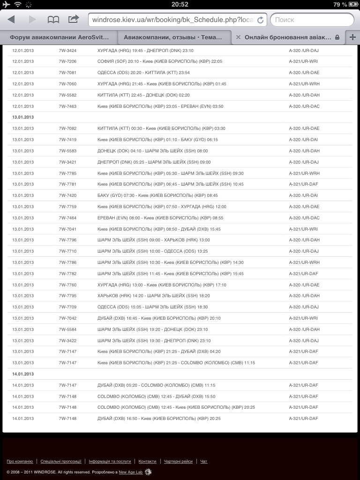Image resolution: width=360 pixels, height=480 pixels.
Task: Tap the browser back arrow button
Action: (x=11, y=20)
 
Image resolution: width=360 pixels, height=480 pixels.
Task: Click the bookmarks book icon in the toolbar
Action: (x=53, y=20)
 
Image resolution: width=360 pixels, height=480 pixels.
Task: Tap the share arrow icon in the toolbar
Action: (x=74, y=19)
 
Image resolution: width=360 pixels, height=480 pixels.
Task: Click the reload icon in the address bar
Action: (x=261, y=20)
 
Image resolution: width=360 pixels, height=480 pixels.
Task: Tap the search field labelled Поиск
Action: (x=312, y=20)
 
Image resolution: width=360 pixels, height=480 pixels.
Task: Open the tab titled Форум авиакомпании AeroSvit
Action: (x=59, y=37)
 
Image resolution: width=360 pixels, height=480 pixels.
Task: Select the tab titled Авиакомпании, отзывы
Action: (x=173, y=37)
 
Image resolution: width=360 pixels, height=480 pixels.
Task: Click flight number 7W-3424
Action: (x=67, y=50)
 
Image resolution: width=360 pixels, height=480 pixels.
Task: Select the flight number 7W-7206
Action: (x=67, y=61)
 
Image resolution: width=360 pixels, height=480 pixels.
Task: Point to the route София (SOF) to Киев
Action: (x=159, y=61)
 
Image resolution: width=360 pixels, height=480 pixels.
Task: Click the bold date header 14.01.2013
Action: (x=23, y=374)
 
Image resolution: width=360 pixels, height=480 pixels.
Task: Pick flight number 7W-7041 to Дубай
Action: (x=67, y=229)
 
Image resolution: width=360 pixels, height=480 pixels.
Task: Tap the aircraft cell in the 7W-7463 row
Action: (x=304, y=106)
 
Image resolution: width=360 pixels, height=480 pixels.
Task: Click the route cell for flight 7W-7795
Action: (x=153, y=296)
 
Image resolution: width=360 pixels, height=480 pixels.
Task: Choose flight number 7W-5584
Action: (x=67, y=330)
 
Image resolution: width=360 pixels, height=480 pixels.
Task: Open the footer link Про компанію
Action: (x=20, y=461)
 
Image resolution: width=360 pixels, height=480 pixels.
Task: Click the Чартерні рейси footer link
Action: (x=178, y=461)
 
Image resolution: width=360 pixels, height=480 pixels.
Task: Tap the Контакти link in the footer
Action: (x=147, y=461)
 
